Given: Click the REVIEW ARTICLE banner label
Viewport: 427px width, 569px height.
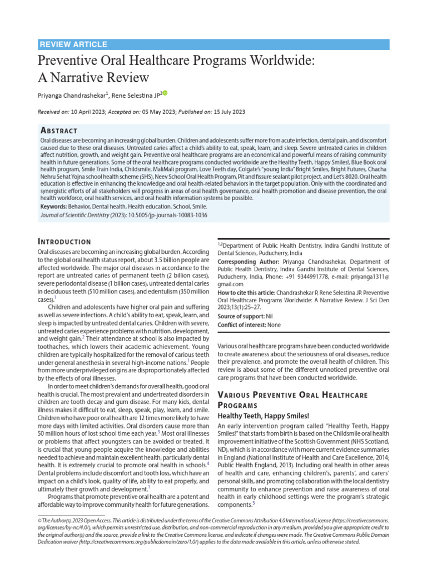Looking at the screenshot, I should (x=74, y=44).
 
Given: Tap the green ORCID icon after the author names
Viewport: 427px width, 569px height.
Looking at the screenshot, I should (x=165, y=93).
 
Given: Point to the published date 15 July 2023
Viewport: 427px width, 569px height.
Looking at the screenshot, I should (x=229, y=112).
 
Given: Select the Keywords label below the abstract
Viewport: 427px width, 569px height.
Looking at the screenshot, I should (x=57, y=206).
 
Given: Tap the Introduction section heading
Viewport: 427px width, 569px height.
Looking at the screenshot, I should (x=64, y=241).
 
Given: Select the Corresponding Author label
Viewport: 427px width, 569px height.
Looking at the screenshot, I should (x=248, y=262).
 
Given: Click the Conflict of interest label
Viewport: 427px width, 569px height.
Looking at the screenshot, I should (x=241, y=325).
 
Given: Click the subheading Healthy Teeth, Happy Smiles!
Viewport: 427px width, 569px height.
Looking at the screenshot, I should (x=264, y=416).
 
